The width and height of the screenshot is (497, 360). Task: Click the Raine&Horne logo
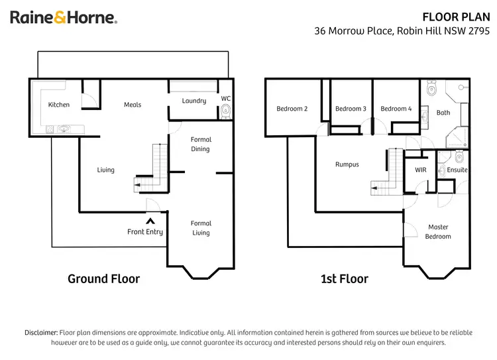(x=64, y=18)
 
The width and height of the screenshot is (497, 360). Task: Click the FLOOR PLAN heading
(x=457, y=17)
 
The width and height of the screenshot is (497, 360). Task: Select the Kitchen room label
(x=59, y=105)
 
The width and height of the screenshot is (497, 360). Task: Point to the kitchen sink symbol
(x=64, y=129)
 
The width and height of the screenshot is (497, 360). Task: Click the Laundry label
(x=194, y=101)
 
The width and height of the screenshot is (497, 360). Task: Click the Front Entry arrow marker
(x=150, y=221)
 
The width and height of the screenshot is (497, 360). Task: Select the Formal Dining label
(x=201, y=145)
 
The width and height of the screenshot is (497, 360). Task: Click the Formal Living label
(x=201, y=228)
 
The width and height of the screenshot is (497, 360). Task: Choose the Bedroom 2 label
(x=292, y=109)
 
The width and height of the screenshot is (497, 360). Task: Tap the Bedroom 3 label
(x=351, y=109)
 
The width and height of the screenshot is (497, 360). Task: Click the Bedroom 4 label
(x=396, y=109)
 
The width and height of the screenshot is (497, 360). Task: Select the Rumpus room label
(x=347, y=164)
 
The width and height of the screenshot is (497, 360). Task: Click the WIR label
(x=420, y=170)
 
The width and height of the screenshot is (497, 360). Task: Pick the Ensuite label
(x=457, y=170)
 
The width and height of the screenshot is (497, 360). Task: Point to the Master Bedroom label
(x=438, y=231)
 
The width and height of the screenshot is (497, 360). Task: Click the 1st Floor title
(x=345, y=278)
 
